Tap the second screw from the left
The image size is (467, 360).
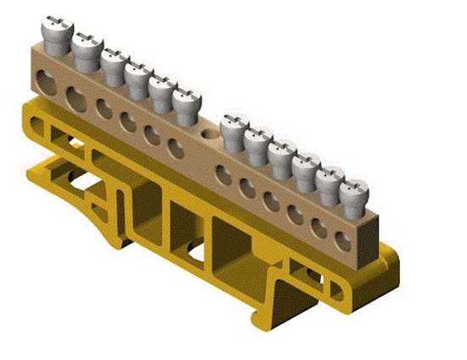(x=86, y=49)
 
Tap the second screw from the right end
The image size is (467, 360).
(x=329, y=179)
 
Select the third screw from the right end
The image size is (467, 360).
(x=306, y=166)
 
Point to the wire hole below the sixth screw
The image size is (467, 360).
(x=175, y=149)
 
